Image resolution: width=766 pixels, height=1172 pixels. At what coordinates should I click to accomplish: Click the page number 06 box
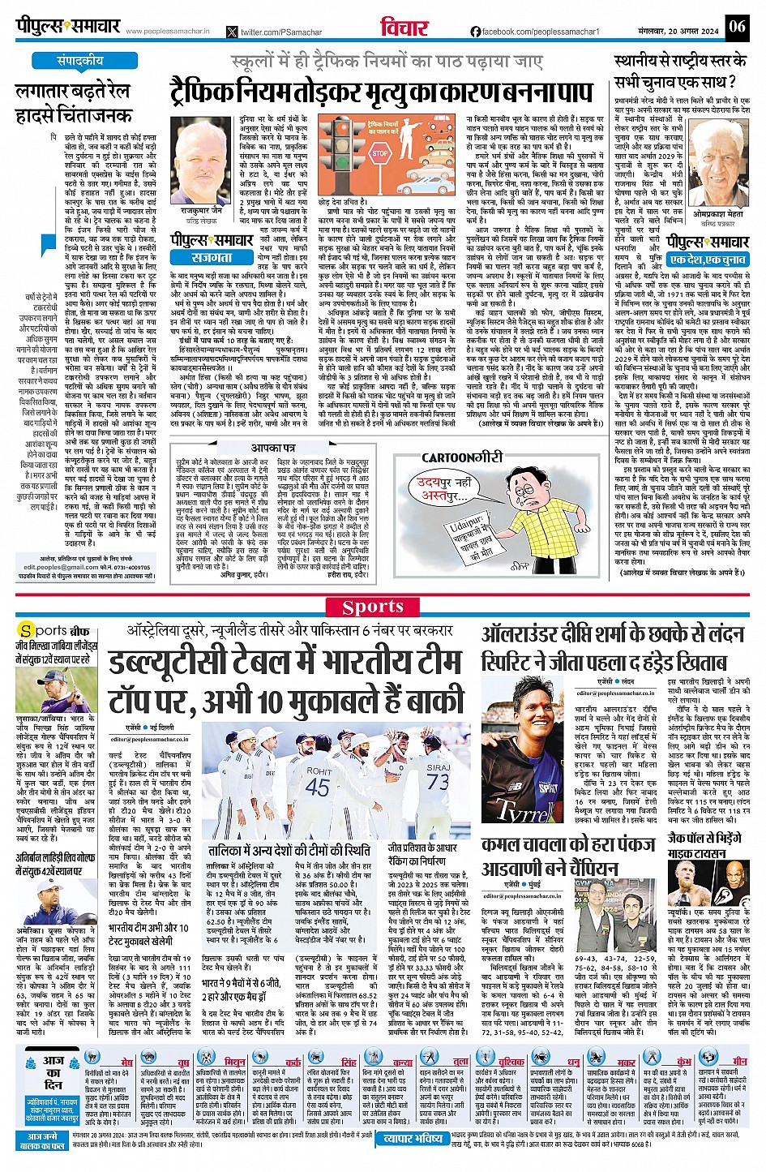pos(736,26)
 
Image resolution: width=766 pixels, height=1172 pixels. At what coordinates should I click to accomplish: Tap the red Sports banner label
pos(372,607)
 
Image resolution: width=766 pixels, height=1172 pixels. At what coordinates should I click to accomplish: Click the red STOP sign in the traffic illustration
pos(380,152)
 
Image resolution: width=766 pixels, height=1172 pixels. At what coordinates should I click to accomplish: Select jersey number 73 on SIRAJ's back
pos(438,781)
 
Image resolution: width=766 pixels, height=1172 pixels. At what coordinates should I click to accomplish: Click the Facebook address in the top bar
pos(534,32)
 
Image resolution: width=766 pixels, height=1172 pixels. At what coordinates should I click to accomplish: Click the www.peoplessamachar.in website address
pos(167,32)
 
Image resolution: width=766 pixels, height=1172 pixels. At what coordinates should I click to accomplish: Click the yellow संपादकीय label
pos(79,61)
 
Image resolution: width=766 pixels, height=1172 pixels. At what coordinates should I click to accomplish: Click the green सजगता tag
pos(212,256)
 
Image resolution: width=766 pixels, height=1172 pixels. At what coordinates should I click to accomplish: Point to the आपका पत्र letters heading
pos(273,448)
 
